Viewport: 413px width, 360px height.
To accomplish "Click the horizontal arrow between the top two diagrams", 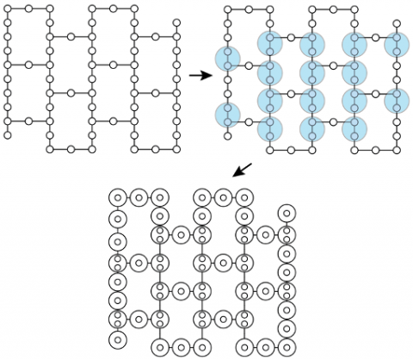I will tap(200, 76).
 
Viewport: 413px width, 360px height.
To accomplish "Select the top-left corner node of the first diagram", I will tap(8, 9).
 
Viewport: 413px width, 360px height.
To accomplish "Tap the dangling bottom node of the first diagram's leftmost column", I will tap(8, 135).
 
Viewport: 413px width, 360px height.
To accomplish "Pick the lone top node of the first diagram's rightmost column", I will tap(177, 23).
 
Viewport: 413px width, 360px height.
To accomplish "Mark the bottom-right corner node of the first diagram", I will tap(177, 149).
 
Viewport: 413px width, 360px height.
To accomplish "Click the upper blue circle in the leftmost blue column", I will tap(227, 59).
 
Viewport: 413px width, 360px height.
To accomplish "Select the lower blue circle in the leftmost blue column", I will tap(227, 114).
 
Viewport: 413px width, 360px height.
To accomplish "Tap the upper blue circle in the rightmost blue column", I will tap(397, 43).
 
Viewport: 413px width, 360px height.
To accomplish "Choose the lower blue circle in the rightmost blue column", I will tap(397, 100).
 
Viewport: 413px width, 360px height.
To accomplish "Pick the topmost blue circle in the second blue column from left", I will tap(270, 43).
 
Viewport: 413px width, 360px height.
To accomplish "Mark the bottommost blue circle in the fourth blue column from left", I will tap(354, 129).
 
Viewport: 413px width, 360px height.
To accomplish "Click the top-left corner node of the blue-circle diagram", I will tap(227, 9).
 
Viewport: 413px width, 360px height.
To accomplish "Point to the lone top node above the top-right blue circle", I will tap(397, 23).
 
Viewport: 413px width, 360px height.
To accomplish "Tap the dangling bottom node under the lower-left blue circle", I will tap(227, 135).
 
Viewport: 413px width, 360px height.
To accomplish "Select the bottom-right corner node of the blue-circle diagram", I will tap(397, 149).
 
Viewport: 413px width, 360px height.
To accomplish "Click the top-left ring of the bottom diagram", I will tap(118, 197).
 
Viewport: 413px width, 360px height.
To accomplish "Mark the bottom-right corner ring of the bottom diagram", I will tap(287, 346).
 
